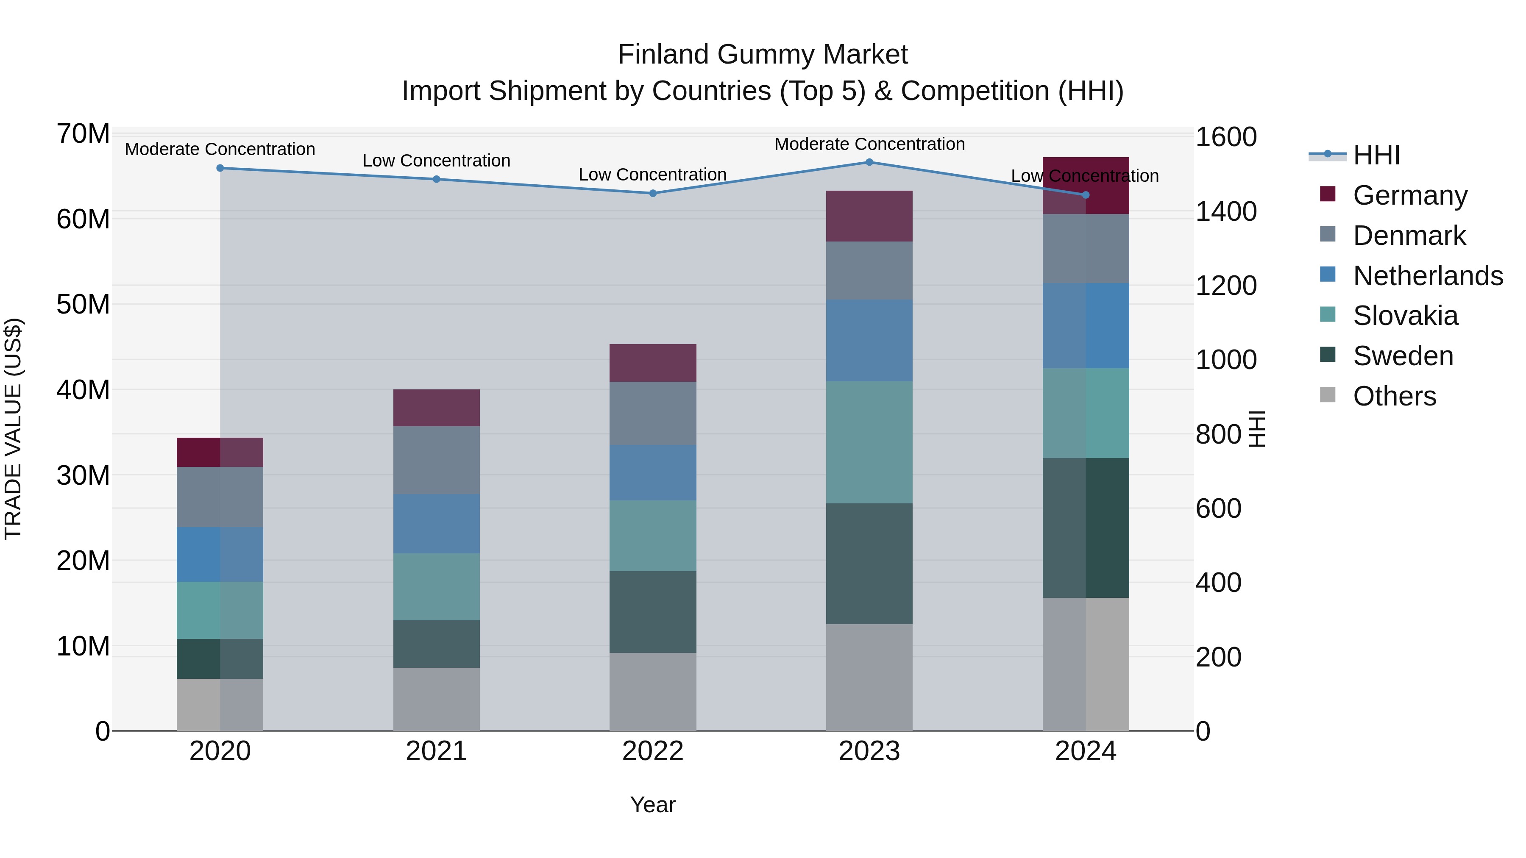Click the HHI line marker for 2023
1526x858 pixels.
coord(869,162)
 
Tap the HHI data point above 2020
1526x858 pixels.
coord(220,168)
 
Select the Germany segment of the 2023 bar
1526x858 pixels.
coord(869,216)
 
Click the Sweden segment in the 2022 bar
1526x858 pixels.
coord(653,612)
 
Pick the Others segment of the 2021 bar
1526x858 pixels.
coord(437,699)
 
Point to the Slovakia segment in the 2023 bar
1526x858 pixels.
coord(869,442)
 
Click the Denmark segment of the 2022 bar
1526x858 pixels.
coord(653,413)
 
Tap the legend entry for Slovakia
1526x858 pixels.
coord(1405,316)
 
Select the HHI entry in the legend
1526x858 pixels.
coord(1376,155)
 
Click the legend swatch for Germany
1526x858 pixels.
coord(1328,194)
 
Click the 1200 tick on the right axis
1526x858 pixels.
coord(1225,286)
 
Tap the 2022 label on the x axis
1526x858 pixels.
coord(653,751)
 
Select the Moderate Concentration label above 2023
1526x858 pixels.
coord(869,144)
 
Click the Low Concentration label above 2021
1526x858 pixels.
coord(437,161)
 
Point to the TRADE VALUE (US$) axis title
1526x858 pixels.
coord(13,429)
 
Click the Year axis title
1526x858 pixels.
coord(653,805)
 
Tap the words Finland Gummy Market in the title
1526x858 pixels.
coord(763,55)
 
